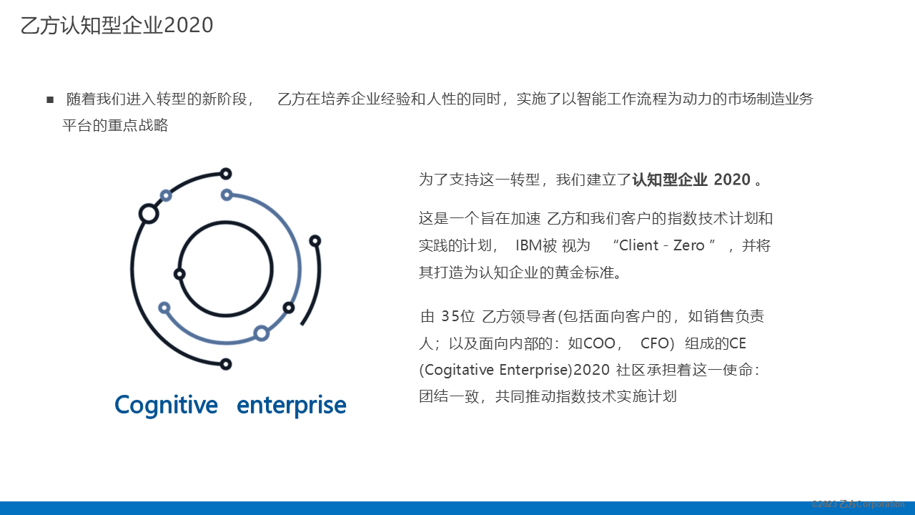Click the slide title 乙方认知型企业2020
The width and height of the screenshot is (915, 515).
pos(117,25)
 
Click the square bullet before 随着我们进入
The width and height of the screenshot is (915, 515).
pos(50,99)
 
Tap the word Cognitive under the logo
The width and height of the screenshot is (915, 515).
pos(166,405)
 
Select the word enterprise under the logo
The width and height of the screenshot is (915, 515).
pos(292,405)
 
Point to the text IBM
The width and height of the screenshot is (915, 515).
pos(528,245)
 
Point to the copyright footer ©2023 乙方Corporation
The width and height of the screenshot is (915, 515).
pos(858,504)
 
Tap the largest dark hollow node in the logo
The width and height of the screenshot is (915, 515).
pos(149,213)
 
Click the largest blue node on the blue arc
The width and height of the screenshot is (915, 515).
pos(262,333)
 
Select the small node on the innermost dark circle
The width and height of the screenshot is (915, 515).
pos(179,274)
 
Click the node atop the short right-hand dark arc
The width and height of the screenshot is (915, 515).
pos(315,241)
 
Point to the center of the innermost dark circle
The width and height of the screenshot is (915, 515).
pos(225,268)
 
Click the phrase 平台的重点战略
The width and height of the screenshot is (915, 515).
pos(115,126)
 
